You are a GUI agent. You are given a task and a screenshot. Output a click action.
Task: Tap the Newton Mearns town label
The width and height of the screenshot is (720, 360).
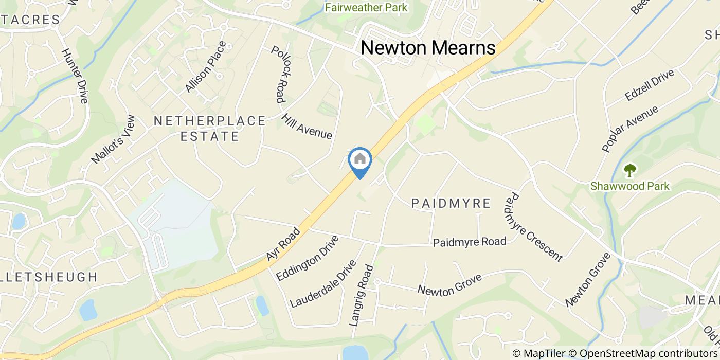coord(428,48)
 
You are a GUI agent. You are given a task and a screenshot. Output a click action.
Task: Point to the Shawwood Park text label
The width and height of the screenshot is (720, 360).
coord(630,186)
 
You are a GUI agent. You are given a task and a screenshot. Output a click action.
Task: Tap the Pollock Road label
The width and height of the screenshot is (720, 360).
coord(278,75)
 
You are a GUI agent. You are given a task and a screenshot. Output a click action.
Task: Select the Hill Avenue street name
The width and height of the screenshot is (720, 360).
coord(307,126)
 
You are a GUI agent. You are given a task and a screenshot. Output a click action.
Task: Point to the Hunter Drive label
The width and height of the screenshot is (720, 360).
coord(75,76)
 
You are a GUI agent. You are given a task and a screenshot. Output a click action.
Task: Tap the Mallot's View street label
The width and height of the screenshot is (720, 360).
coord(113,139)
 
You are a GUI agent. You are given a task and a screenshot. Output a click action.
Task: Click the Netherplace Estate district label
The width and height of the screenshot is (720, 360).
coord(210,129)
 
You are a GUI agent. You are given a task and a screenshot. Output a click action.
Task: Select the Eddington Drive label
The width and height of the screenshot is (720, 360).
coord(308,258)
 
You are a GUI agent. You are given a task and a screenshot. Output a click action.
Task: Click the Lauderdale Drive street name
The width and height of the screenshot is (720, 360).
coord(323,284)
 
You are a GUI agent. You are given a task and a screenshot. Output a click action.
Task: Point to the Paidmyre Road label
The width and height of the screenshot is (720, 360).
coord(469,242)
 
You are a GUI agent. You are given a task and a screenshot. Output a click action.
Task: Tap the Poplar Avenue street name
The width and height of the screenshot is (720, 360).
coord(629,129)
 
